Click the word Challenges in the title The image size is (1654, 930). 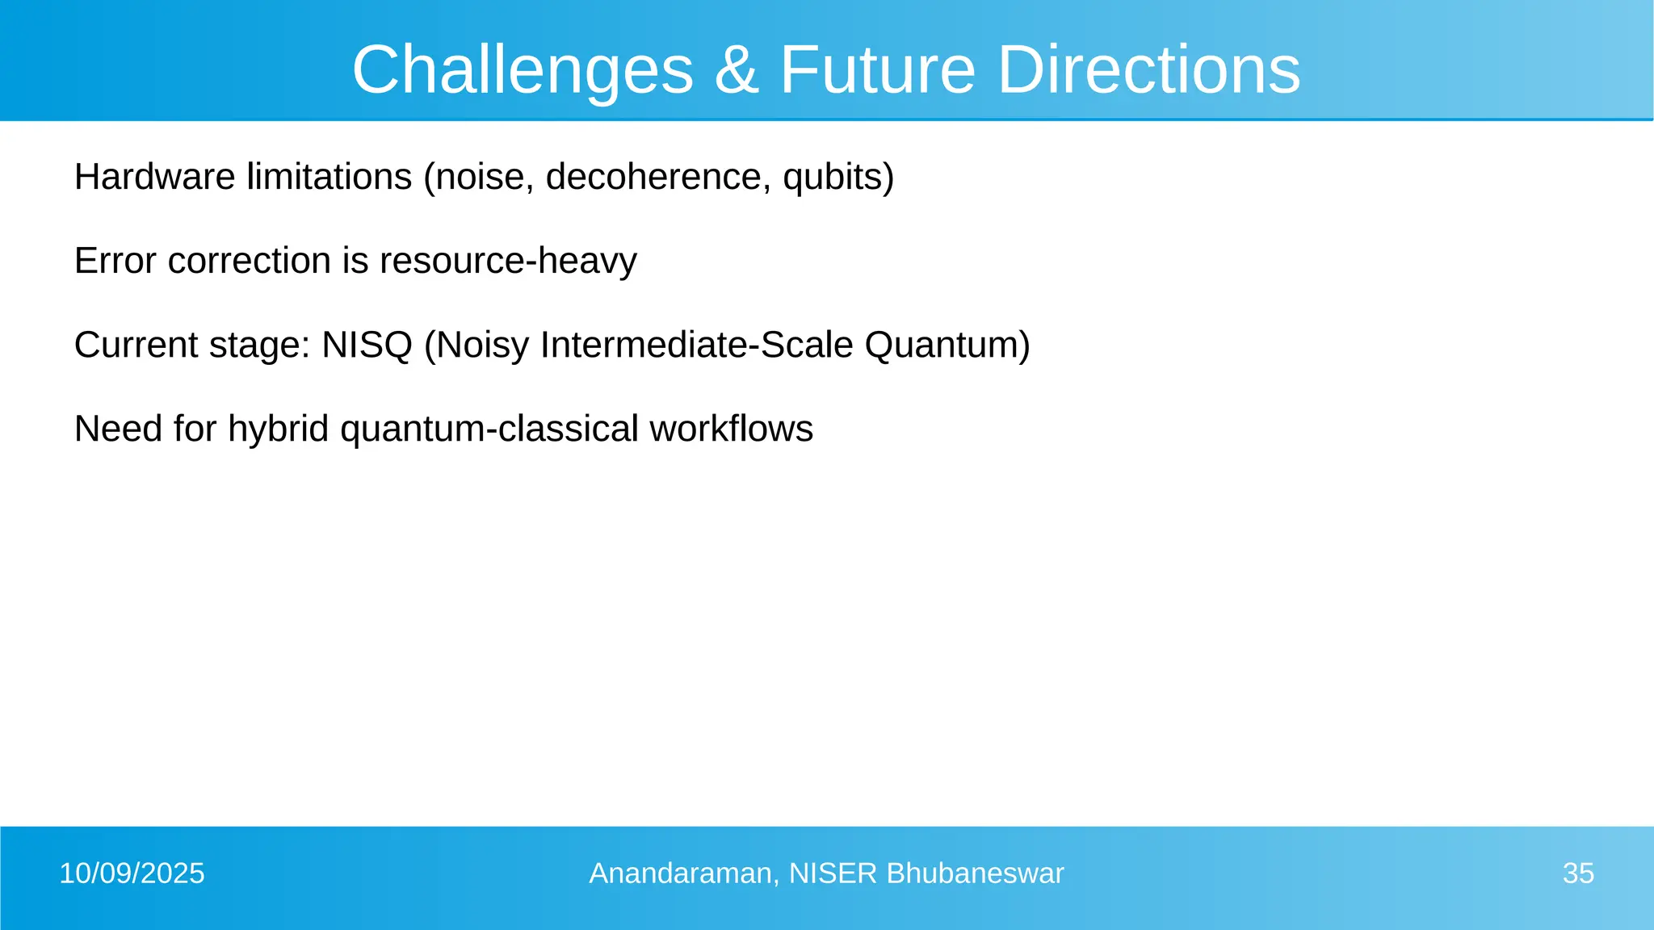pos(523,71)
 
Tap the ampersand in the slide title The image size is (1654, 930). pos(736,71)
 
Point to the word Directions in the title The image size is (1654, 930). pos(1148,71)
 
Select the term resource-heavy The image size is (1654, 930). pos(508,262)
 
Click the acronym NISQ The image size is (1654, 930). pos(367,345)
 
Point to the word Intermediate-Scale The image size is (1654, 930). pos(696,345)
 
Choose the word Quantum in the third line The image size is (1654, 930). pos(941,345)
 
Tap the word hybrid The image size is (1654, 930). pos(278,429)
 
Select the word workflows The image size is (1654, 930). pos(731,429)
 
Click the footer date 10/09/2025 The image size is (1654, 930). pos(132,873)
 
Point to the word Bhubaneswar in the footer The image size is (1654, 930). pos(975,873)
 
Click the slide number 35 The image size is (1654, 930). pos(1578,873)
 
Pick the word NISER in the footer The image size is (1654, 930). pos(833,873)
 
